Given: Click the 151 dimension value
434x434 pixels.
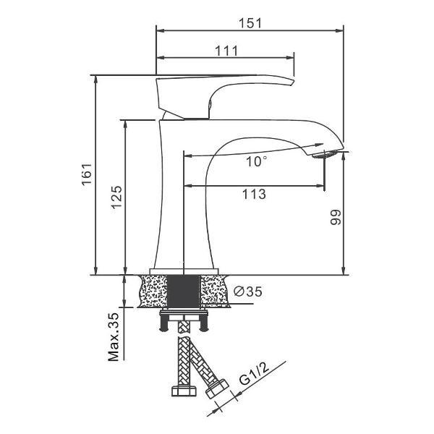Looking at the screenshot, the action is [250, 23].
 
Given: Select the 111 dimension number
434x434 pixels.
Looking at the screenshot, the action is [226, 51].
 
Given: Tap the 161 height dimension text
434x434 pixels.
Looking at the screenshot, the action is [87, 174].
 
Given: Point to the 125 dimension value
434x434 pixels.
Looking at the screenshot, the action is [116, 197].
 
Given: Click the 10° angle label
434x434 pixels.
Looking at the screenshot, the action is [257, 161].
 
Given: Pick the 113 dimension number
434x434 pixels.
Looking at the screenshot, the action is [254, 194].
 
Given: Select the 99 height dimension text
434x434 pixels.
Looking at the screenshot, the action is [336, 217].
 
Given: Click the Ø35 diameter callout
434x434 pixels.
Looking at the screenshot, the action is [247, 292].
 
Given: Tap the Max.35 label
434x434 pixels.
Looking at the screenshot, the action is [114, 337].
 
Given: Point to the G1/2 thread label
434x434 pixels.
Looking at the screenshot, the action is [254, 374].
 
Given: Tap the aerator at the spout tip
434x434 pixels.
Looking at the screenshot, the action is [325, 154].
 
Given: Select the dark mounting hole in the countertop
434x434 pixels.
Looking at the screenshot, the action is [184, 291].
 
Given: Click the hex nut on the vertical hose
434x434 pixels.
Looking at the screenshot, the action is [184, 391].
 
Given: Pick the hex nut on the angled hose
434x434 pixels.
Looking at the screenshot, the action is [217, 389].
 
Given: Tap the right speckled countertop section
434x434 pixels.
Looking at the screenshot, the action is [214, 291].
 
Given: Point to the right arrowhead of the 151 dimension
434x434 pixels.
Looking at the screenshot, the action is [339, 30].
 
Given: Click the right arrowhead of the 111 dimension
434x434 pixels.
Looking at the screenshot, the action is [290, 58].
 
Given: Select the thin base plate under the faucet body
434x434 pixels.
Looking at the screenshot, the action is [184, 271].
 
